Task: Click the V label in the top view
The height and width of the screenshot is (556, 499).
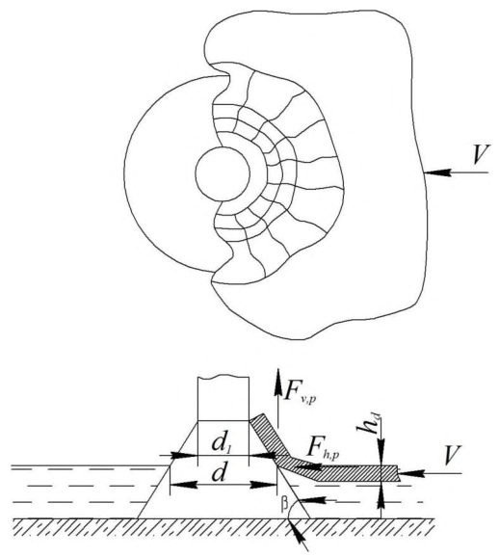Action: pyautogui.click(x=482, y=154)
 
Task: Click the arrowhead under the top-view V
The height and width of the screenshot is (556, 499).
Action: pyautogui.click(x=437, y=172)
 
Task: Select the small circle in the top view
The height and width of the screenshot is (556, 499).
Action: pyautogui.click(x=223, y=174)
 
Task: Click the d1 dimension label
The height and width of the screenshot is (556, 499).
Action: pyautogui.click(x=223, y=444)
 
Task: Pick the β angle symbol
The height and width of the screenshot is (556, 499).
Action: pyautogui.click(x=284, y=505)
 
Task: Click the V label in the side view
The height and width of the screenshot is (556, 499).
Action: pyautogui.click(x=452, y=455)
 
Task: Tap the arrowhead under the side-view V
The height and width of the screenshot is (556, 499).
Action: pyautogui.click(x=411, y=473)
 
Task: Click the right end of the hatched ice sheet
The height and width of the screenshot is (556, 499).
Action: pyautogui.click(x=399, y=473)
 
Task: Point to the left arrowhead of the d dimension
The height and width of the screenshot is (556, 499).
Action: pyautogui.click(x=184, y=485)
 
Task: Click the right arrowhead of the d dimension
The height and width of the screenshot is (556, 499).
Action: pyautogui.click(x=263, y=485)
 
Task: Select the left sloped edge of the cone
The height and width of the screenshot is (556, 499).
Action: pyautogui.click(x=168, y=470)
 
